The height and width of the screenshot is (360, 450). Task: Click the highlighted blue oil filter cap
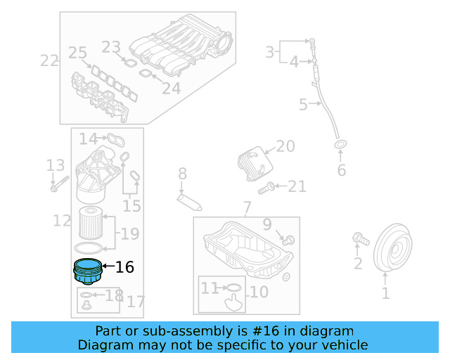pos(87,270)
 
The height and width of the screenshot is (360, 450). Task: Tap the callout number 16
pos(124,267)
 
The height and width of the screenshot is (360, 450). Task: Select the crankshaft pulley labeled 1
pos(392,247)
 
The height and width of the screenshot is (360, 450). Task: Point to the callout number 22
pos(49,61)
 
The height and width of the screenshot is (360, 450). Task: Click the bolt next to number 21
pos(265,188)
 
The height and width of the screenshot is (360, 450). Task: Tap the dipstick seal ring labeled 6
pos(341,146)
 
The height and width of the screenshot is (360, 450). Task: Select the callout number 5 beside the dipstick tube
pos(303,105)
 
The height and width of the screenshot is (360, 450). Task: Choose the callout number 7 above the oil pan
pos(246,207)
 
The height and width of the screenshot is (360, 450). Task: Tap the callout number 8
pos(181,173)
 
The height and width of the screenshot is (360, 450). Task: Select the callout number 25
pos(77,53)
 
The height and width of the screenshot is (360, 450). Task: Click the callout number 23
pos(111,47)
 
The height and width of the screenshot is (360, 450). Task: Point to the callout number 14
pos(88,139)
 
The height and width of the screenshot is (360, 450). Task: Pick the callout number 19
pos(130,234)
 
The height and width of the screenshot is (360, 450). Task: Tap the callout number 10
pos(259,291)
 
